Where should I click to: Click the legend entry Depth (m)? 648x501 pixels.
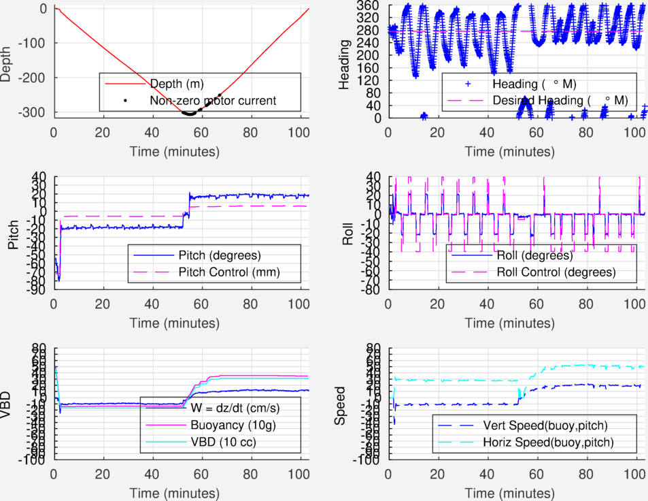click(x=175, y=84)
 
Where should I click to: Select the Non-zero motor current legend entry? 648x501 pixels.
click(x=212, y=101)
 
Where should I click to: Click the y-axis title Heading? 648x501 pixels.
click(x=345, y=61)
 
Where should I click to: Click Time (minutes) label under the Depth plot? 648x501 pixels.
click(x=181, y=150)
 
